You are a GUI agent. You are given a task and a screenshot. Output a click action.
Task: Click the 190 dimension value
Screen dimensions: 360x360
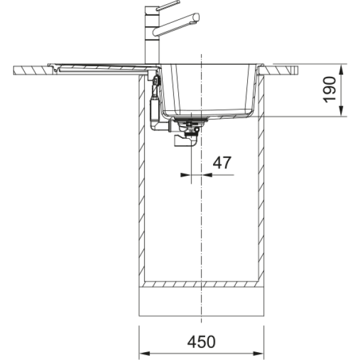[x=329, y=89]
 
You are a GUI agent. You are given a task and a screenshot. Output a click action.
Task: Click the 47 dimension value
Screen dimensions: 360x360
[x=222, y=163]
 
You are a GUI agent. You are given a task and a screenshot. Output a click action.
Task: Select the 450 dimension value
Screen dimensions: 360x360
[x=202, y=342]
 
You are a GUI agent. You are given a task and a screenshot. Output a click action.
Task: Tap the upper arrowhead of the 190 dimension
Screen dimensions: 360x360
[x=341, y=70]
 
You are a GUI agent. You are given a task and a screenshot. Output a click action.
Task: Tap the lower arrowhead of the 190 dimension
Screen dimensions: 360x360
[x=341, y=111]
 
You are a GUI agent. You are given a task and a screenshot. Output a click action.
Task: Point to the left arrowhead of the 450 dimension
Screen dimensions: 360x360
[x=145, y=353]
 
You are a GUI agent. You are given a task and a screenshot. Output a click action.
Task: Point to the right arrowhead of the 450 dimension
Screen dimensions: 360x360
[x=258, y=353]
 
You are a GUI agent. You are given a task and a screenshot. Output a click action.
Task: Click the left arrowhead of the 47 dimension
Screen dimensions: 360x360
[x=186, y=175]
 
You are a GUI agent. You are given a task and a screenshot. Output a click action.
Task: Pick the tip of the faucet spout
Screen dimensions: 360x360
[x=197, y=17]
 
